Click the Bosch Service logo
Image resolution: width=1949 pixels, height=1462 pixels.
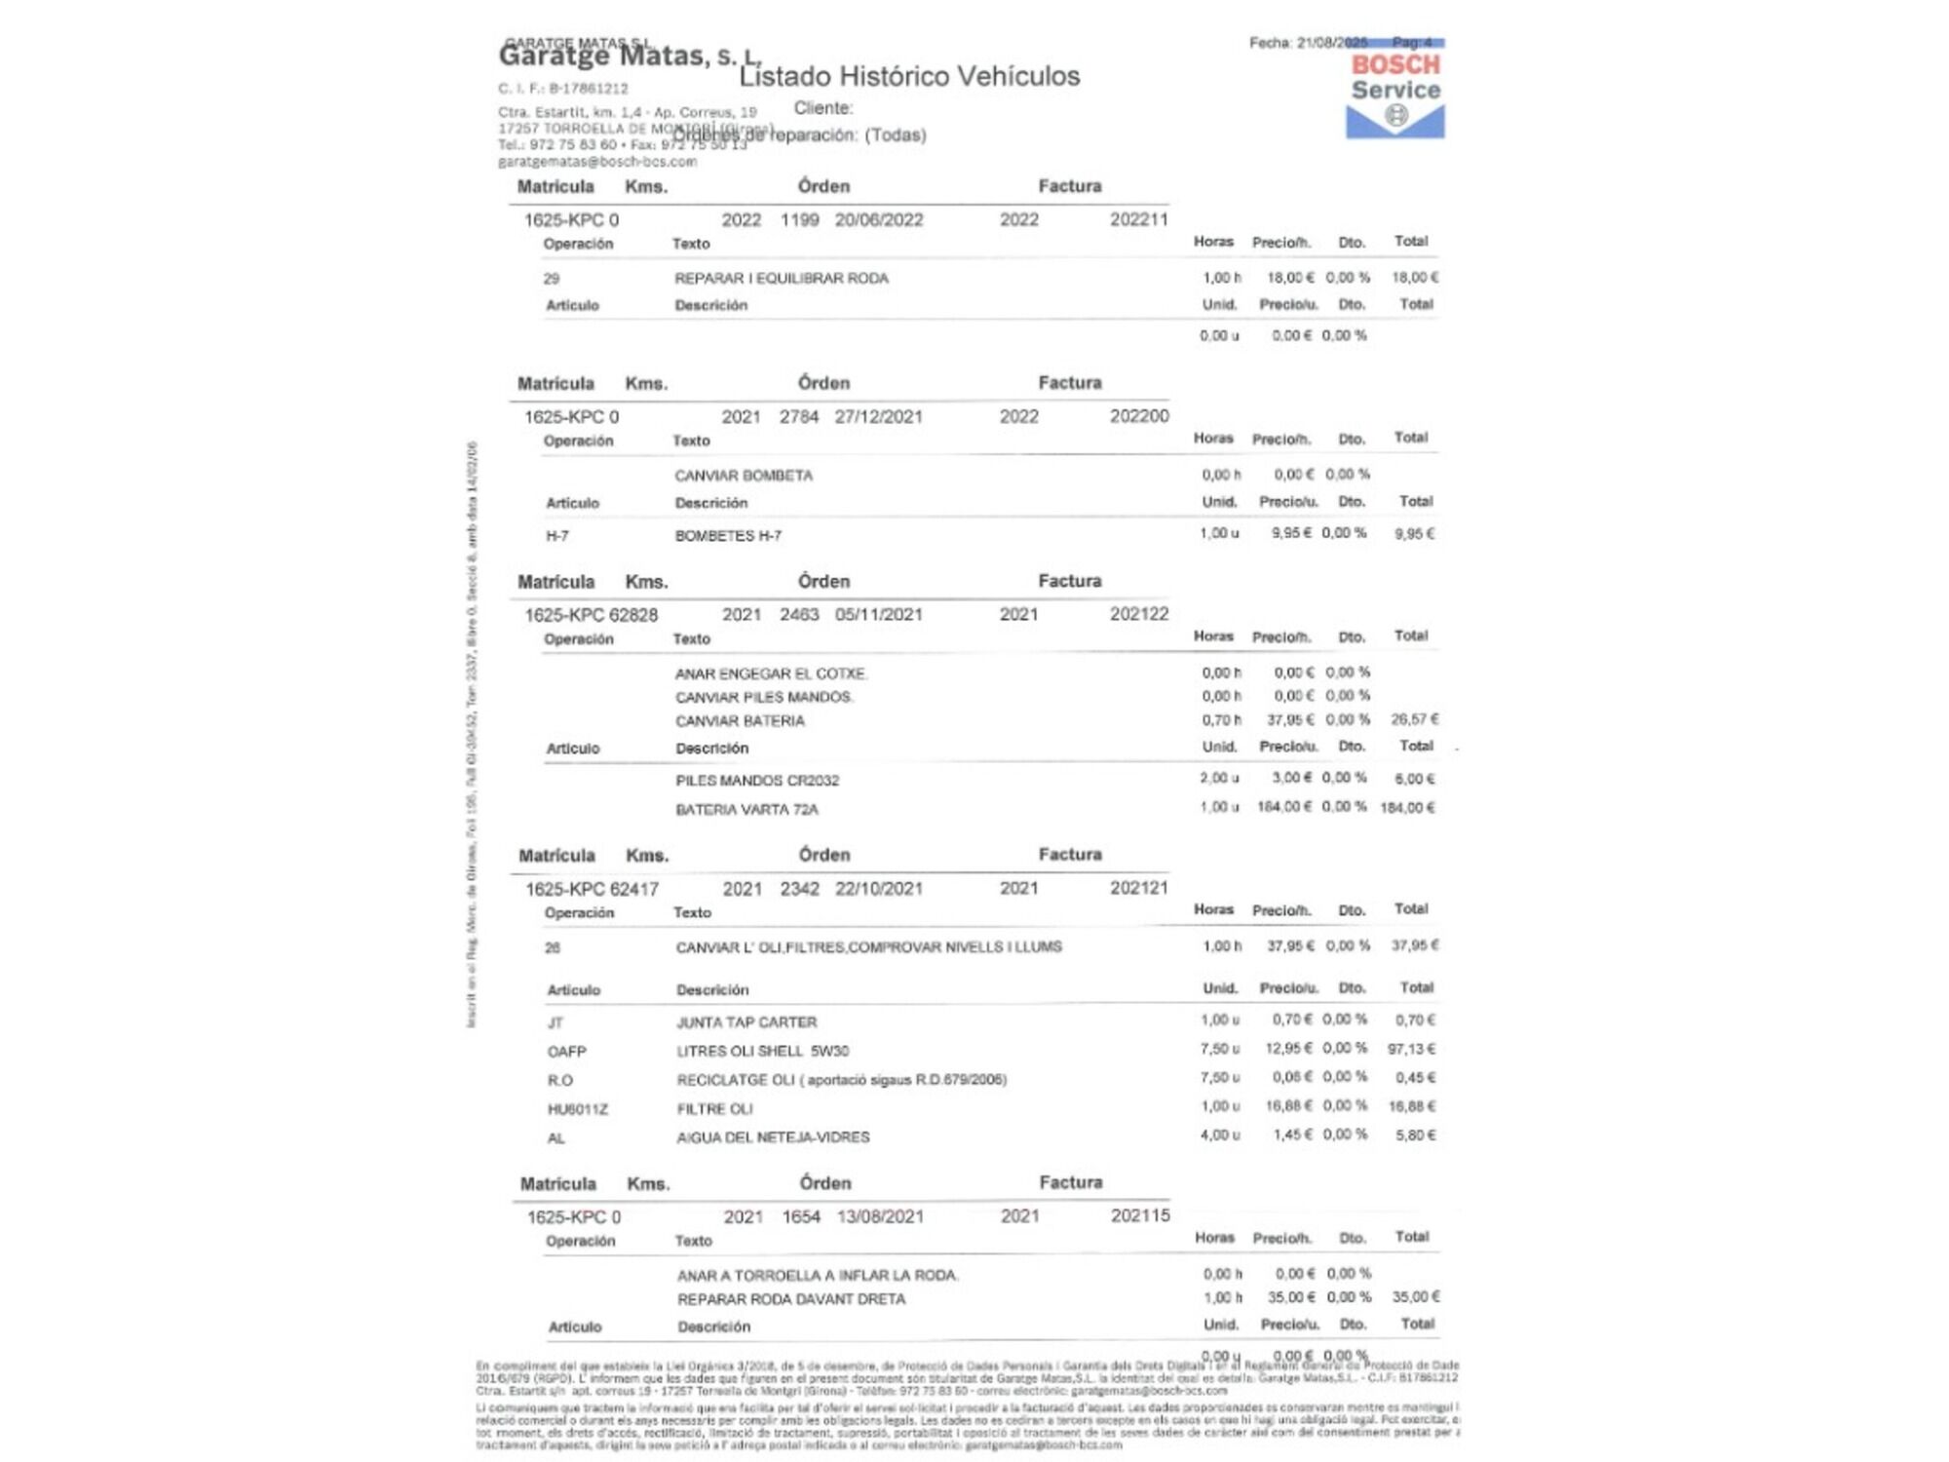pyautogui.click(x=1395, y=94)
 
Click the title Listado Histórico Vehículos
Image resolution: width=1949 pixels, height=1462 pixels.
pyautogui.click(x=909, y=76)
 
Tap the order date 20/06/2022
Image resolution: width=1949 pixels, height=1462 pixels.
pyautogui.click(x=878, y=220)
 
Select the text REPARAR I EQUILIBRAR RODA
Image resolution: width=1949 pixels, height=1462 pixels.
pyautogui.click(x=781, y=279)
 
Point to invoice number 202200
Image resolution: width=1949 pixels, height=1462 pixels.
pyautogui.click(x=1138, y=416)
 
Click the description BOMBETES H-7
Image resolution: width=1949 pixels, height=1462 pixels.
pyautogui.click(x=728, y=536)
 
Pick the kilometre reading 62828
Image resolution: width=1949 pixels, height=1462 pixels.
pyautogui.click(x=633, y=615)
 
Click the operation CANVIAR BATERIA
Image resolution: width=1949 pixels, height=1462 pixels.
pyautogui.click(x=740, y=721)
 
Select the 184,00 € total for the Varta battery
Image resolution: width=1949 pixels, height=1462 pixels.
pyautogui.click(x=1407, y=808)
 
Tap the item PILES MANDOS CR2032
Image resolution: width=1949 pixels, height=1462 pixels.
pyautogui.click(x=757, y=781)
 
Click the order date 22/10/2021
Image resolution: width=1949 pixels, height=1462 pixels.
pyautogui.click(x=878, y=889)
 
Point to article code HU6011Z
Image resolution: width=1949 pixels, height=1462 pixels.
pyautogui.click(x=577, y=1109)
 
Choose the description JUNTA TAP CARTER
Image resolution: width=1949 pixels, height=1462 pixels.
pyautogui.click(x=746, y=1022)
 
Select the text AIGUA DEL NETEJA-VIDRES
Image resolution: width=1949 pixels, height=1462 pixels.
pyautogui.click(x=773, y=1137)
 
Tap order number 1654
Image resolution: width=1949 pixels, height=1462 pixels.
pyautogui.click(x=801, y=1217)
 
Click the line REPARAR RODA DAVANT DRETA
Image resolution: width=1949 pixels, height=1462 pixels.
pyautogui.click(x=791, y=1299)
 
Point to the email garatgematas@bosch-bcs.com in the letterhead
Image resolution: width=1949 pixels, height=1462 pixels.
pyautogui.click(x=597, y=162)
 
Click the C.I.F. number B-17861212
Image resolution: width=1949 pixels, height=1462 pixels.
pyautogui.click(x=589, y=89)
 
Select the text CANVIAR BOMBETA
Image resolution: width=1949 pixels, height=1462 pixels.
pyautogui.click(x=743, y=476)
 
